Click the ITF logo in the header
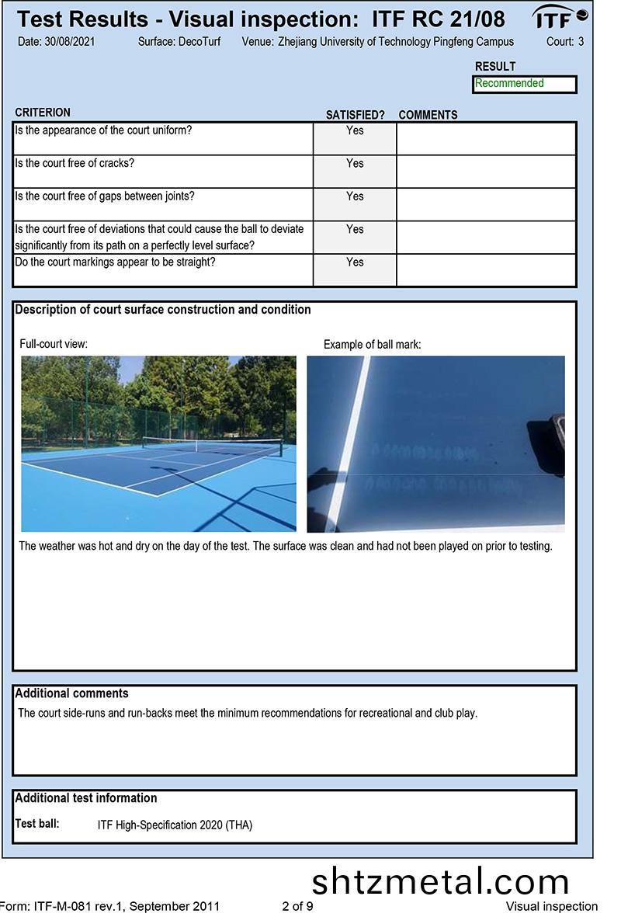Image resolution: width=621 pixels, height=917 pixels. (559, 17)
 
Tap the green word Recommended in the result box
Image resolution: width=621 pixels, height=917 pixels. (509, 84)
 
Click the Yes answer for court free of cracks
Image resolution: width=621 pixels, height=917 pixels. (355, 164)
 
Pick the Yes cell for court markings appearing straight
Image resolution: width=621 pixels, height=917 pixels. (355, 262)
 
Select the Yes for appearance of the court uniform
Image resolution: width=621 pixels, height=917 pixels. (355, 130)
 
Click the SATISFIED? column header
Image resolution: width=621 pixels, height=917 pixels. (355, 115)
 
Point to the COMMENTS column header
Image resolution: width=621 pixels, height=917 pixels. (428, 115)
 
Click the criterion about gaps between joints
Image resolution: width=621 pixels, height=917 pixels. (105, 196)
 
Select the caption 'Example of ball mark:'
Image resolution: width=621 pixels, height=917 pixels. (372, 344)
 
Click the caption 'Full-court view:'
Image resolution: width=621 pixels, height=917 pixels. (54, 343)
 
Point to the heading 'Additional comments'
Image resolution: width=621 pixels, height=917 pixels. (72, 693)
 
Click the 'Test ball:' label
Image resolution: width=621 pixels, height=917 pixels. (37, 824)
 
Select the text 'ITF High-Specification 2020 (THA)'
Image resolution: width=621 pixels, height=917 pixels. (175, 825)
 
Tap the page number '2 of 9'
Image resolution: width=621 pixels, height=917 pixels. (297, 906)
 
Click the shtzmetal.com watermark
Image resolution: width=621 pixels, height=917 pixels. (440, 882)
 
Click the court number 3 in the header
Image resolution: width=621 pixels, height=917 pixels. (581, 41)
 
